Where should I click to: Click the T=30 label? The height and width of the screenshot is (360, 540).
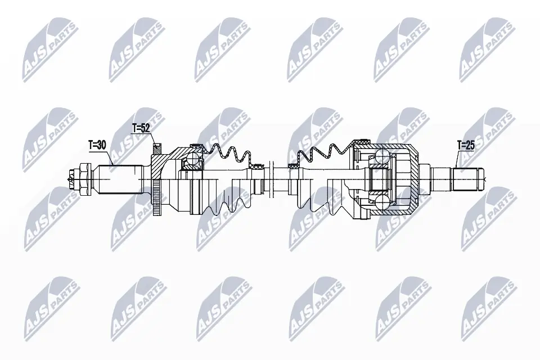coord(97,145)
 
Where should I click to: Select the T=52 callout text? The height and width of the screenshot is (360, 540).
coord(141,128)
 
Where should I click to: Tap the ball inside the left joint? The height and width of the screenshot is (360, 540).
coord(192,162)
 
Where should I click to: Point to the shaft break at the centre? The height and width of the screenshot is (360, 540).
coord(271,179)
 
